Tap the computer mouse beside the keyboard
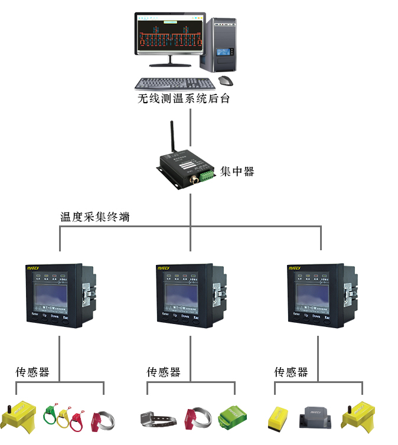225,80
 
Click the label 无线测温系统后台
184,99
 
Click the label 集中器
237,172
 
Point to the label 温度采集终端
95,217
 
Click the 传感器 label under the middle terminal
164,372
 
